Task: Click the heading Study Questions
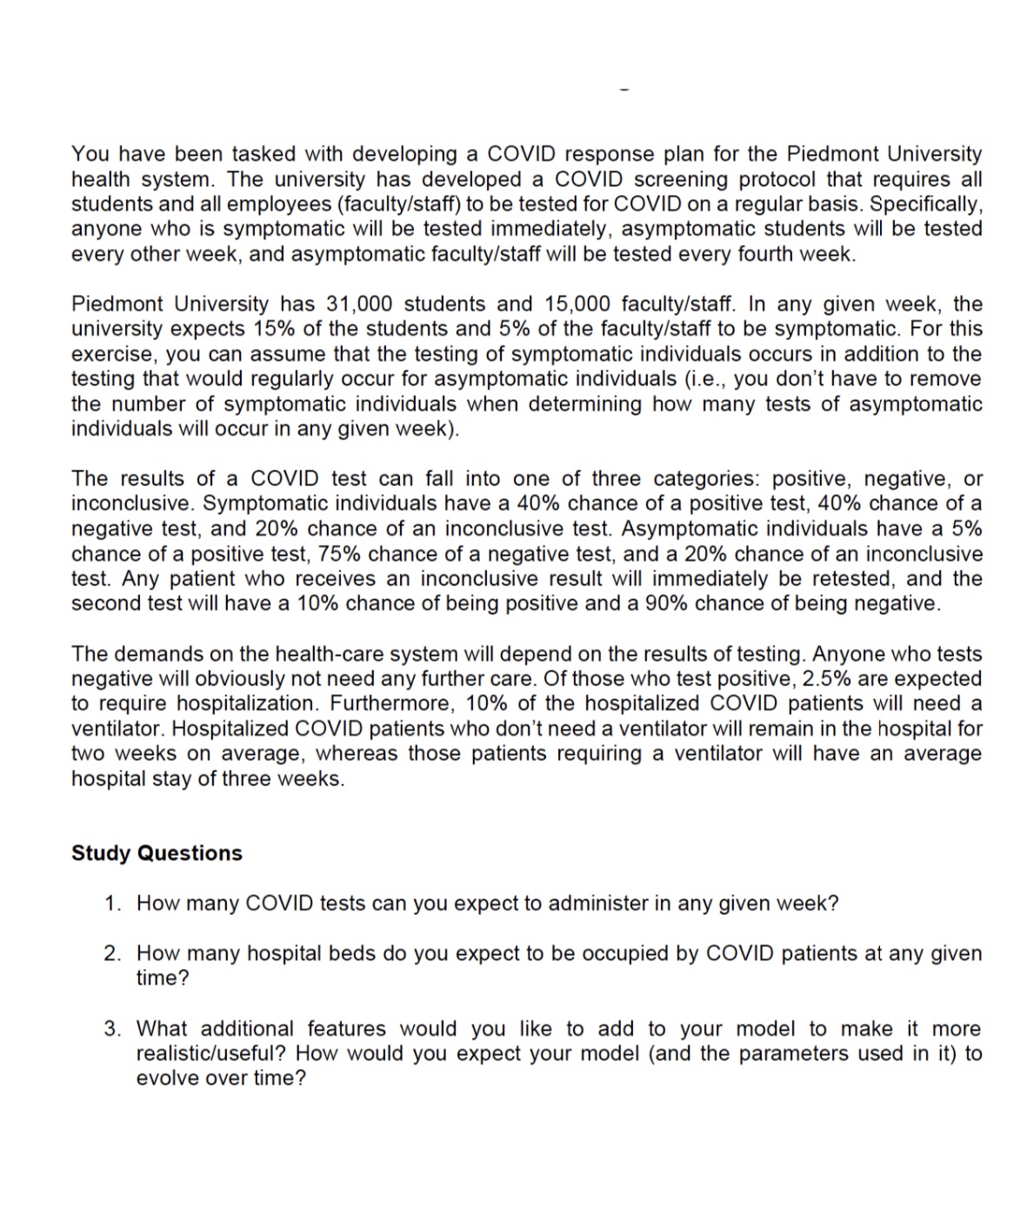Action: click(157, 853)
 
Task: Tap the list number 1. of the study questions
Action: click(113, 904)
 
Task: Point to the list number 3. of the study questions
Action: click(113, 1029)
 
